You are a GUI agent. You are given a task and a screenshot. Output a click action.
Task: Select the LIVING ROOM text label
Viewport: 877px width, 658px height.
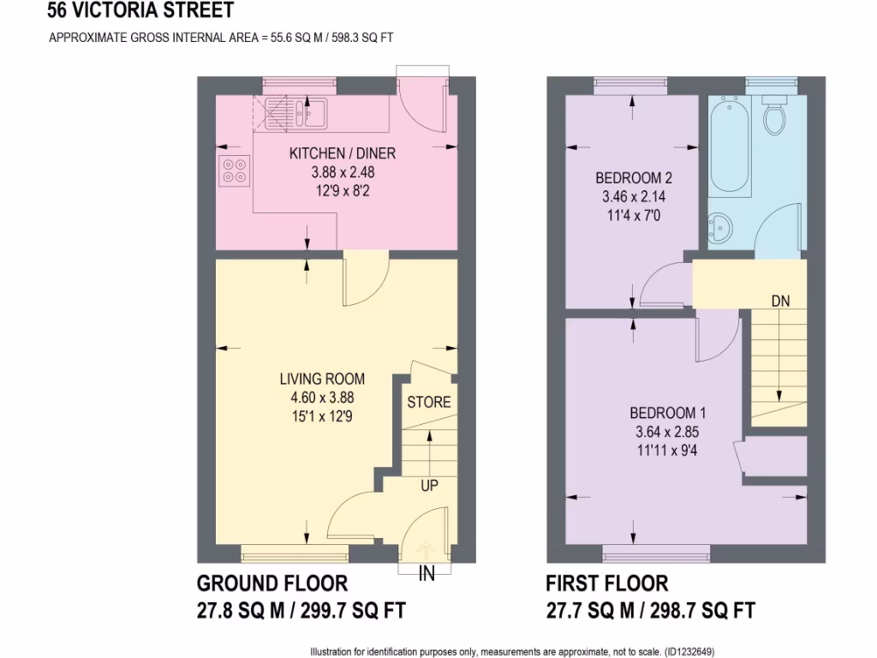point(322,379)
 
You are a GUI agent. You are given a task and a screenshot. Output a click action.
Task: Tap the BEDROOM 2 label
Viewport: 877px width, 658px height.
point(634,179)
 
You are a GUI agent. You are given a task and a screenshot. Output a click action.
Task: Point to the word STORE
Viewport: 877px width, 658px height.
point(428,402)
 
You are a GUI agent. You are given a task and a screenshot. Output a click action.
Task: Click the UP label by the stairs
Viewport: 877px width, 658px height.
point(429,486)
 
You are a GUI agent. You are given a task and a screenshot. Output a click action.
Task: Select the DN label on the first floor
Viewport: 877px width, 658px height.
point(780,301)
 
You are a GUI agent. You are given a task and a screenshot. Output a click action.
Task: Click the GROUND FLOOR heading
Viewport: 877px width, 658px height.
point(272,583)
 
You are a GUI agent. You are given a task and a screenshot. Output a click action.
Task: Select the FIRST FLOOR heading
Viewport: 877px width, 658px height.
point(606,583)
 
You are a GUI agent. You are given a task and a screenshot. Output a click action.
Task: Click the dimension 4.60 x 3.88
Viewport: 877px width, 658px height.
point(322,397)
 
